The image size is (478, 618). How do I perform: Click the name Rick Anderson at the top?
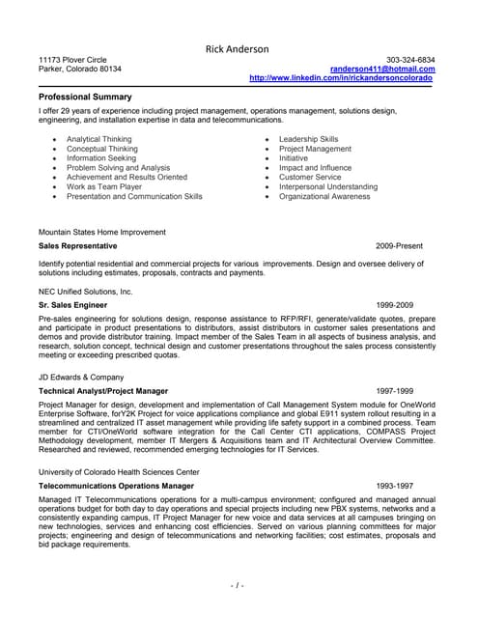click(x=238, y=49)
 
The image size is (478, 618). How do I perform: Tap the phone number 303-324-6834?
click(x=410, y=60)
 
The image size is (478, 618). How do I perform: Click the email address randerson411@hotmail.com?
click(x=382, y=70)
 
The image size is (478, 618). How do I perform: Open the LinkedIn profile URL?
click(x=341, y=78)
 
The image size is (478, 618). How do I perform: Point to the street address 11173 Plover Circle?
click(x=73, y=60)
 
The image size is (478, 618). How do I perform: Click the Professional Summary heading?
click(x=85, y=98)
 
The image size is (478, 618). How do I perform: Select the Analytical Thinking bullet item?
click(x=98, y=139)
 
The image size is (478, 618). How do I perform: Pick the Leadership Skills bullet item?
click(x=308, y=139)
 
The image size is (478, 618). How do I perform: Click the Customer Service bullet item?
click(x=310, y=178)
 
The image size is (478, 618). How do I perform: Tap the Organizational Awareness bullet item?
click(x=324, y=196)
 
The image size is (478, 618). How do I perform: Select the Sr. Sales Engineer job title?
click(x=72, y=304)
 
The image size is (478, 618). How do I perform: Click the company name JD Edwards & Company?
click(x=80, y=377)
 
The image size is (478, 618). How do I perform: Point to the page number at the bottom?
click(x=238, y=585)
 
